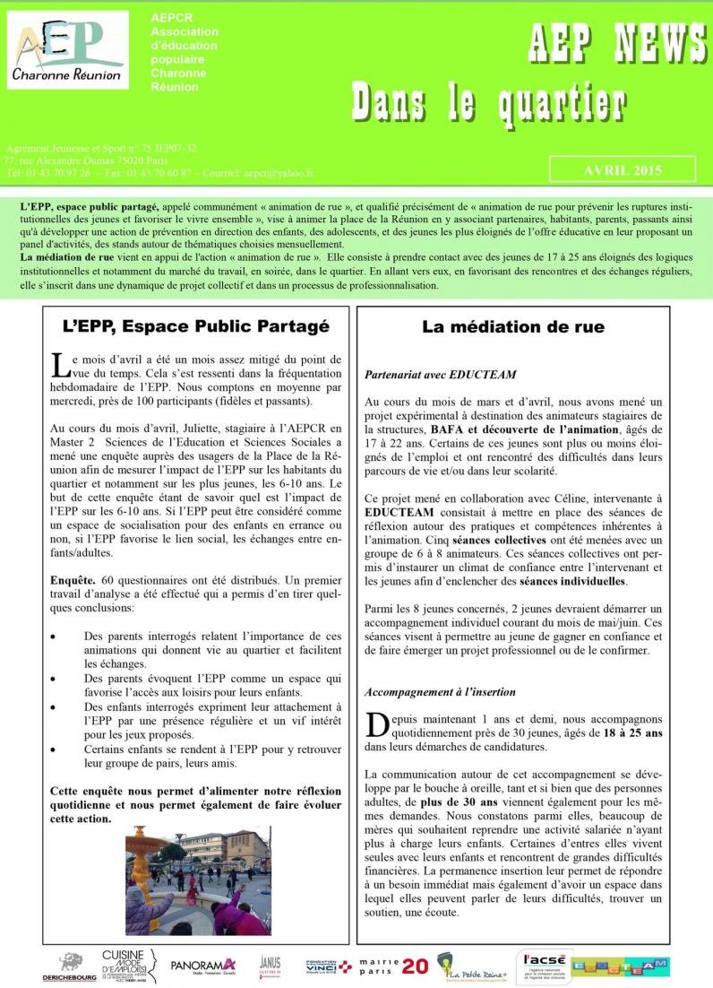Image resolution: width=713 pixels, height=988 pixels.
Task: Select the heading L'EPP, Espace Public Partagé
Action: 197,327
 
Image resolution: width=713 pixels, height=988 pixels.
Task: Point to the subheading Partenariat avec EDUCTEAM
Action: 441,374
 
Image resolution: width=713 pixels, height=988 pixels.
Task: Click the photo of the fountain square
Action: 198,881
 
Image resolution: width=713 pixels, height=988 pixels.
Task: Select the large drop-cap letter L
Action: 59,364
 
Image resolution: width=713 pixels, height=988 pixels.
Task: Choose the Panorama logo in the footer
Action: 202,965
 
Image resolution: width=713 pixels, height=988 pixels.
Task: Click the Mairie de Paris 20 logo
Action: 392,965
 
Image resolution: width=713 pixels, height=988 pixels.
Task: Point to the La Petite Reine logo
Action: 473,966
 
